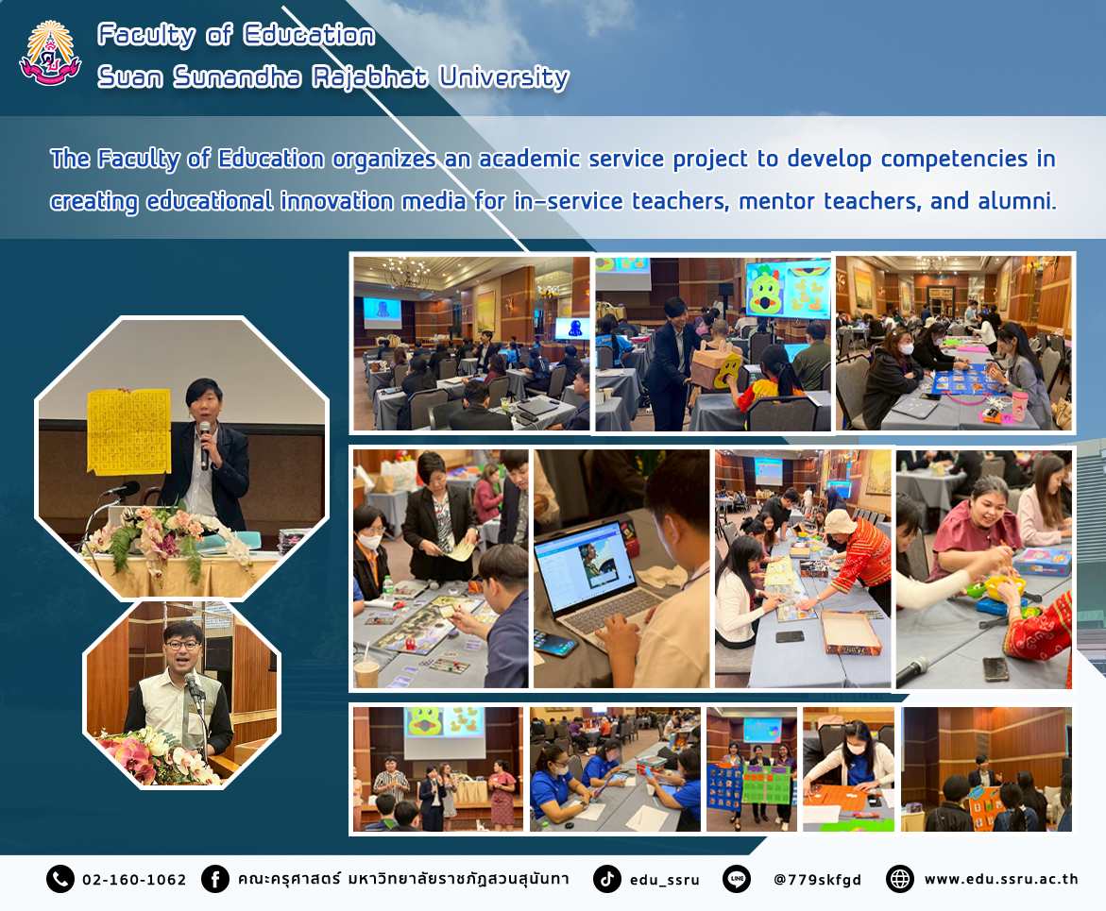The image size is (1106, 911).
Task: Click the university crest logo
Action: click(50, 54)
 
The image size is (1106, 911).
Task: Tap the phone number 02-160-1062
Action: click(134, 879)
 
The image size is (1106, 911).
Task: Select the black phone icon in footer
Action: click(60, 879)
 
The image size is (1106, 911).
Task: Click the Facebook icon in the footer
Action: click(215, 879)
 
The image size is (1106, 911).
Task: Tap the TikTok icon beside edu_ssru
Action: click(606, 879)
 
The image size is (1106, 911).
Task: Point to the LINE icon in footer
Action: click(737, 879)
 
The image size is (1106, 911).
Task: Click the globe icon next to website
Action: click(900, 879)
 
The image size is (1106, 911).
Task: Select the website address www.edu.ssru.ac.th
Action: click(1001, 879)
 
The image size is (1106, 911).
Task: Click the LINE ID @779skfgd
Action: click(818, 880)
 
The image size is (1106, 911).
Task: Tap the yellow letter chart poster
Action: click(128, 430)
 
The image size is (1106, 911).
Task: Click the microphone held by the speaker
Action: click(205, 445)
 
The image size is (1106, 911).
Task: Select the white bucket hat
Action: click(840, 522)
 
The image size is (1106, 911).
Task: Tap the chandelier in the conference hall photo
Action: click(405, 273)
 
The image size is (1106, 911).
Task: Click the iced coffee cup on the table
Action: click(366, 671)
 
